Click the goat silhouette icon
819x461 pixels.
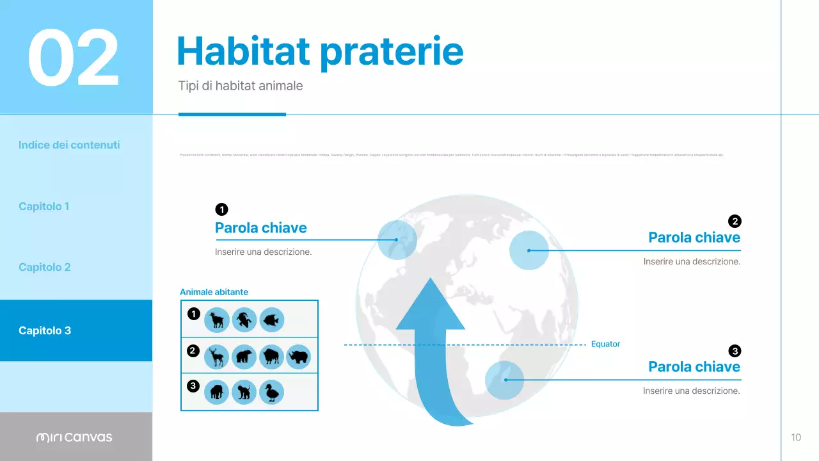[217, 319]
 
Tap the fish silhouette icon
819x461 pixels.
[271, 319]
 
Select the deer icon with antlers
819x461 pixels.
[217, 357]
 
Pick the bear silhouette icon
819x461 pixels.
[244, 357]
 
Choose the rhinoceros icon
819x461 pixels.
[298, 357]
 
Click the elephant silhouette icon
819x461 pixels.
[217, 392]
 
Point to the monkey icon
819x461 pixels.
[244, 392]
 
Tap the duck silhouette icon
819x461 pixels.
[271, 392]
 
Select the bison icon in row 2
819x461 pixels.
[271, 357]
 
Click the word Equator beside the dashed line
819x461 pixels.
[605, 344]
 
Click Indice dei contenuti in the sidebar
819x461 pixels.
[69, 145]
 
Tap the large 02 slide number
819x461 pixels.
[74, 58]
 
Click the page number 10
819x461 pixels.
[796, 437]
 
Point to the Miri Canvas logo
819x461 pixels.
[74, 437]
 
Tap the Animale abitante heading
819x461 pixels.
[214, 292]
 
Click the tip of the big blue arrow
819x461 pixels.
[430, 280]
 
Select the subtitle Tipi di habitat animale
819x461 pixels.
[241, 86]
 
